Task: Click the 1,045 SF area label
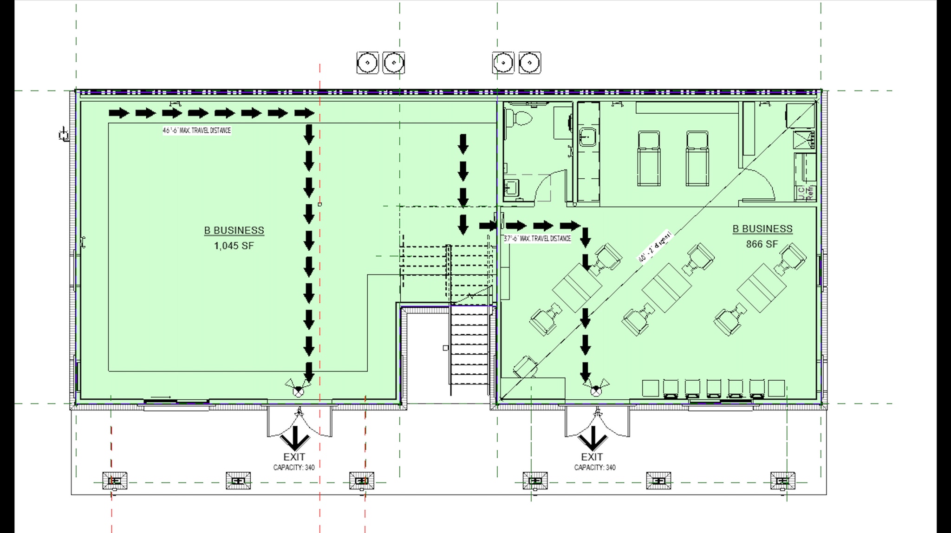[x=234, y=246]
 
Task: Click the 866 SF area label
[x=762, y=244]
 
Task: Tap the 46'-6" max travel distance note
[x=196, y=130]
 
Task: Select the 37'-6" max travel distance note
[x=537, y=239]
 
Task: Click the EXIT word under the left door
[x=294, y=457]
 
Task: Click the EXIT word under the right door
[x=592, y=457]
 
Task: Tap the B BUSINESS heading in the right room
[x=762, y=229]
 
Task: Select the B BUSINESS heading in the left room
[x=234, y=230]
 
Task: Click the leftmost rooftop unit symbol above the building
[x=367, y=63]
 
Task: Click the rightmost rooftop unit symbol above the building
[x=529, y=63]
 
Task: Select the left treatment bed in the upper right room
[x=649, y=158]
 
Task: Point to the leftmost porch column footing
[x=115, y=481]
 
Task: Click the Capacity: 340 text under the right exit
[x=594, y=468]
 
